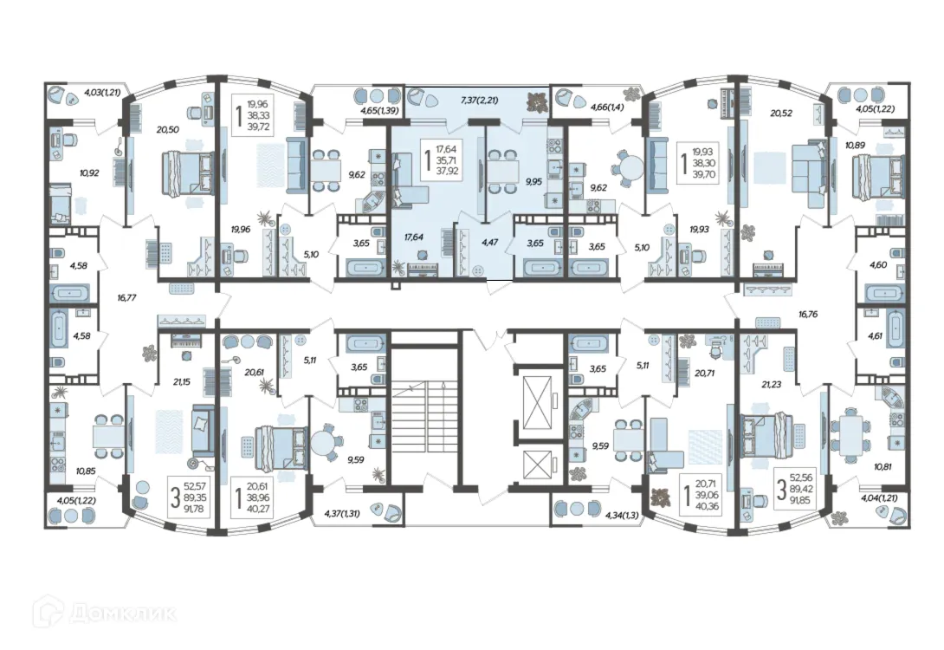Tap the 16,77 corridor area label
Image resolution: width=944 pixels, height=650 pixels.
126,297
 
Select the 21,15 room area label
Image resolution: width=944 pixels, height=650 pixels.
181,382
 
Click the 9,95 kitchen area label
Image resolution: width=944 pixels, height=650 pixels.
533,181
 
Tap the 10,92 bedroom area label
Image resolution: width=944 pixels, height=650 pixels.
89,172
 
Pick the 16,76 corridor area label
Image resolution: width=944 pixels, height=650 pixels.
808,314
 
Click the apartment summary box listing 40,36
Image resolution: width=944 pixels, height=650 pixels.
701,497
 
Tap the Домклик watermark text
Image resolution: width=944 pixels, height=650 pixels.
124,614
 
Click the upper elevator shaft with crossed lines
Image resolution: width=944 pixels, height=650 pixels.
538,401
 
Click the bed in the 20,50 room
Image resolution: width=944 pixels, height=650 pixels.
187,173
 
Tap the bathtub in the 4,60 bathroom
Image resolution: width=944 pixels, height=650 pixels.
884,294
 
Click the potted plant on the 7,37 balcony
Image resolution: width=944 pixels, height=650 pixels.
536,101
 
